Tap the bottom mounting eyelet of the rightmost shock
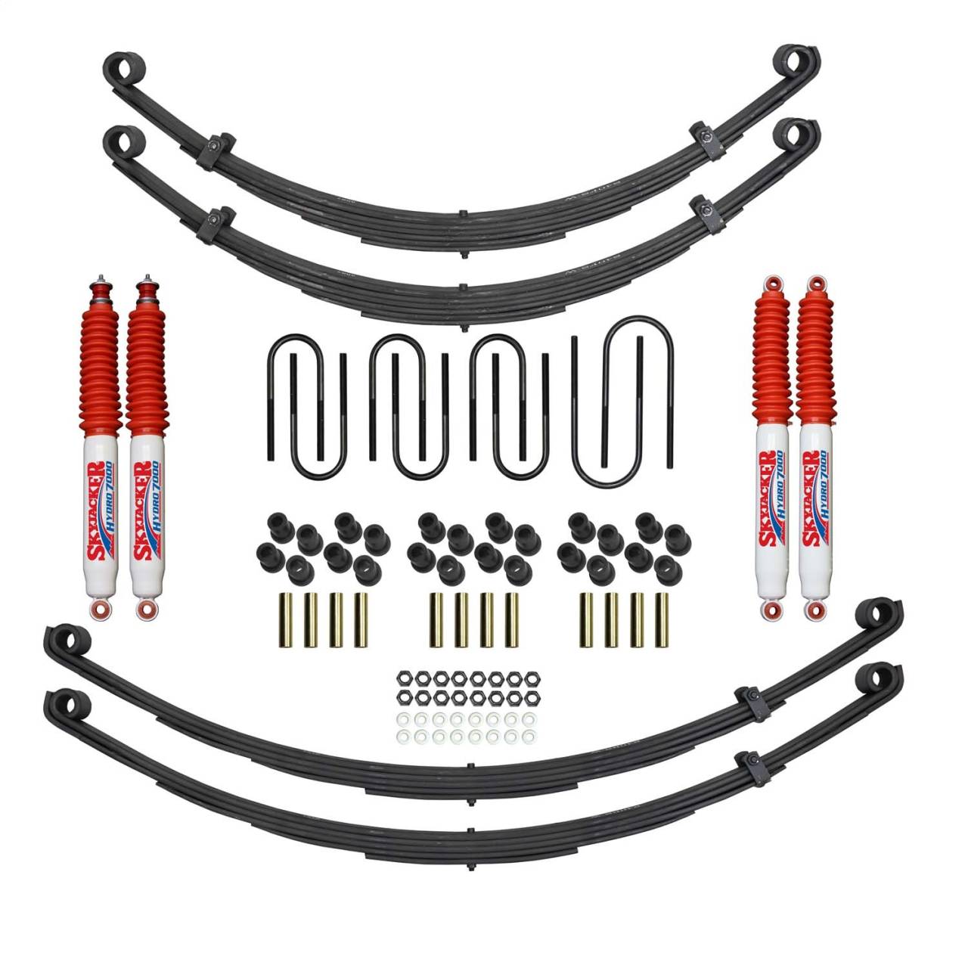pos(814,609)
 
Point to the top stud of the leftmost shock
pos(99,279)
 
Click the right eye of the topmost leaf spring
pos(798,64)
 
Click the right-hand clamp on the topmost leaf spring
pos(706,141)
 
